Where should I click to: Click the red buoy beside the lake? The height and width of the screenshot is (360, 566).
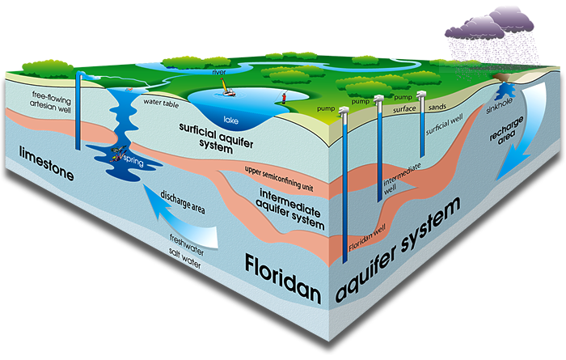283,98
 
